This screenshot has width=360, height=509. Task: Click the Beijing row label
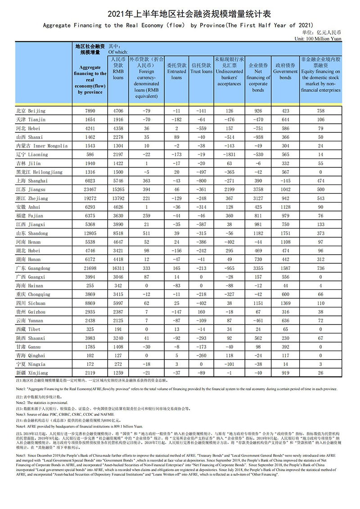coord(31,111)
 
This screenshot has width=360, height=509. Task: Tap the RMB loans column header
coord(118,68)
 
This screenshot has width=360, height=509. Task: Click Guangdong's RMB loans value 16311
coord(118,268)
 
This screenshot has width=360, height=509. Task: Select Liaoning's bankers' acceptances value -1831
coord(229,154)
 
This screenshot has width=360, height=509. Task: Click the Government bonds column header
coord(285,68)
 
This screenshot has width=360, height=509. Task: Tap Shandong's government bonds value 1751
coord(285,233)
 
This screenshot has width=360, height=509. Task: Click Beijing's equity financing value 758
coord(320,111)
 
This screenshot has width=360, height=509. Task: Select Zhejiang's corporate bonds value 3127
coord(258,198)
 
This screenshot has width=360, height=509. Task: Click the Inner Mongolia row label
coord(41,146)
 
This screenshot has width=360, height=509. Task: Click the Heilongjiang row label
coord(39,172)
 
